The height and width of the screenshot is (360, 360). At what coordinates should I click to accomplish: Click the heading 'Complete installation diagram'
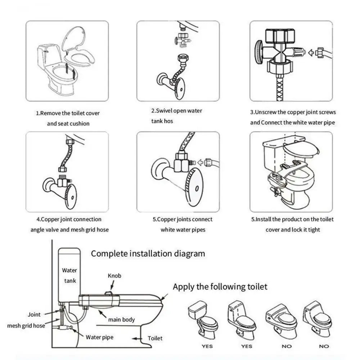click(148, 253)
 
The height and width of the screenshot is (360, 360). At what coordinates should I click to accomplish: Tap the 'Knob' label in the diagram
click(114, 276)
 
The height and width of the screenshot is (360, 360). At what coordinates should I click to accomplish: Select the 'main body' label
click(121, 319)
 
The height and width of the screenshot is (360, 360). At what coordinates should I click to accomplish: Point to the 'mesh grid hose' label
click(26, 326)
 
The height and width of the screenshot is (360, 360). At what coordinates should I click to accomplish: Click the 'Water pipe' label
click(99, 337)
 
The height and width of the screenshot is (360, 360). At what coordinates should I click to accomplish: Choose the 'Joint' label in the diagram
click(34, 314)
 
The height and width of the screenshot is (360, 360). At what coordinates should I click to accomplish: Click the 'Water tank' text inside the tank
click(69, 275)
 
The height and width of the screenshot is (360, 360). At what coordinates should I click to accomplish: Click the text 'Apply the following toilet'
click(220, 287)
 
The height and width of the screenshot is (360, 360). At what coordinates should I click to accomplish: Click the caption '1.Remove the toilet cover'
click(68, 113)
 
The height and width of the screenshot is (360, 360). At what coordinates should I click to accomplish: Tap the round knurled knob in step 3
click(258, 52)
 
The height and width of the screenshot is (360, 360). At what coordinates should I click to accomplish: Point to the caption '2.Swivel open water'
click(176, 111)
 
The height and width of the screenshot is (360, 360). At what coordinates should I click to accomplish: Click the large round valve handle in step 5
click(197, 189)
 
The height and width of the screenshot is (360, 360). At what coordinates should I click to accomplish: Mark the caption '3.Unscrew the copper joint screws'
click(293, 112)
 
